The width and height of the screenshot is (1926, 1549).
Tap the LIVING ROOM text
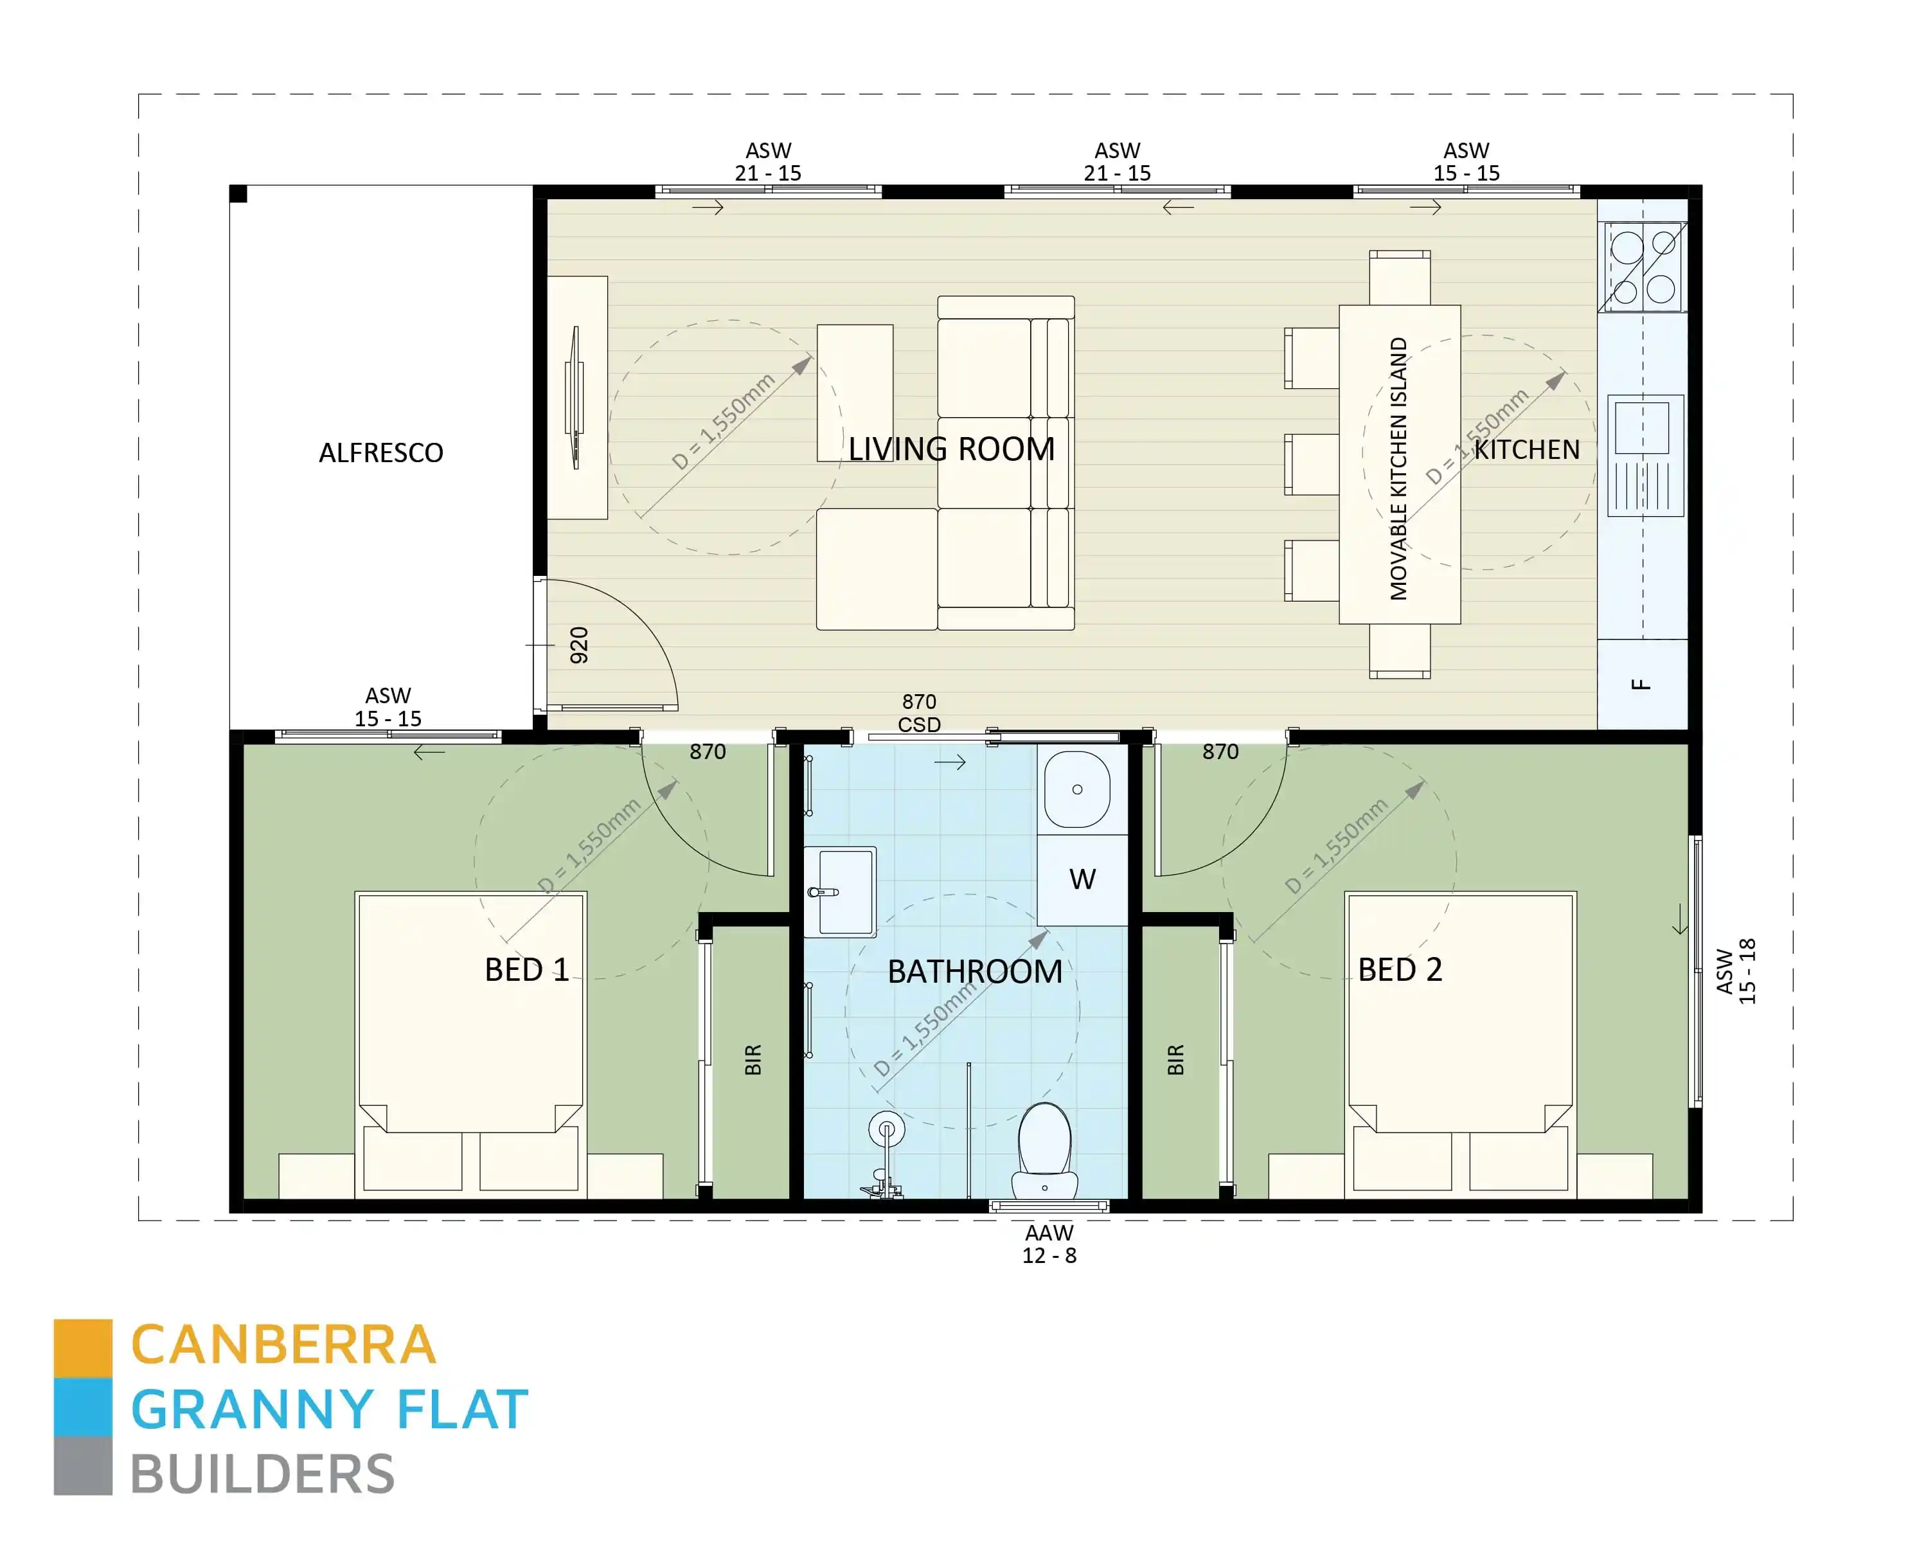[951, 449]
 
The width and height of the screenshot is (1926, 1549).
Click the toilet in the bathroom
[1044, 1152]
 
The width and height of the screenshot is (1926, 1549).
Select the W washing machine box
[1082, 879]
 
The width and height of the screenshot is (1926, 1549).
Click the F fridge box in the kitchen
[1641, 685]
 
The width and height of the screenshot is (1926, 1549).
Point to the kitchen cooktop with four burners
[1643, 267]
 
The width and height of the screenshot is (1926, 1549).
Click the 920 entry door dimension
[579, 645]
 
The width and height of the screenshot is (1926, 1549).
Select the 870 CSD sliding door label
[919, 713]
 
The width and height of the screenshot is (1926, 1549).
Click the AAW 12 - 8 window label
[1049, 1244]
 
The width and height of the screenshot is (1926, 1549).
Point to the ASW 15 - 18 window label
[1736, 971]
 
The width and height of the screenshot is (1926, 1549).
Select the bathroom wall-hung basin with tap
[841, 891]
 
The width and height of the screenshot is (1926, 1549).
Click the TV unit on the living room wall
[578, 397]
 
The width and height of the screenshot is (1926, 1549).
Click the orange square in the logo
[83, 1347]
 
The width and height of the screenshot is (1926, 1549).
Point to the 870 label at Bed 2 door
[1220, 751]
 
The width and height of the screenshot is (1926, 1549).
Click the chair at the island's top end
[1399, 278]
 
